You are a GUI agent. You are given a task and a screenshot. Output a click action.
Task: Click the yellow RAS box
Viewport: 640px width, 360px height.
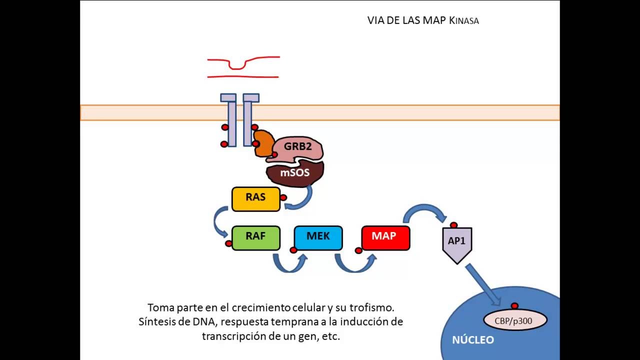point(255,198)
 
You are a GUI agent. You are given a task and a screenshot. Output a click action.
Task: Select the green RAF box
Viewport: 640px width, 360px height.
point(255,238)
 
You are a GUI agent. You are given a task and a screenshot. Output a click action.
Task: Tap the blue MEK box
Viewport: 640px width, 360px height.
point(318,238)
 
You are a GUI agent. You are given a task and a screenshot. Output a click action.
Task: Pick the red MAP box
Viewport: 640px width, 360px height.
point(385,238)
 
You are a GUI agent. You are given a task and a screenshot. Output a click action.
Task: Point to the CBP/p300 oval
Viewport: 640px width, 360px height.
point(515,320)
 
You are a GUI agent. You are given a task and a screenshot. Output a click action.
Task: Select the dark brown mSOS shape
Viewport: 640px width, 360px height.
point(295,173)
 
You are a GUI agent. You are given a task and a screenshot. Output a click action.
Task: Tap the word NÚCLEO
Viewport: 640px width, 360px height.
point(473,340)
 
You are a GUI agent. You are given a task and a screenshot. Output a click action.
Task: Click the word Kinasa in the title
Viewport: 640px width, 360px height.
point(464,21)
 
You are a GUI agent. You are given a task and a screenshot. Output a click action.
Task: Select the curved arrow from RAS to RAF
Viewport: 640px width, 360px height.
point(218,220)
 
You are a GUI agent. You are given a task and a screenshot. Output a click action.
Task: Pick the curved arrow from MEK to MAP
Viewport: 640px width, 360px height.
point(354,265)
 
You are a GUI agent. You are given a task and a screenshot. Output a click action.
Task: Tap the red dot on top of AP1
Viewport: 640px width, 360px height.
point(453,225)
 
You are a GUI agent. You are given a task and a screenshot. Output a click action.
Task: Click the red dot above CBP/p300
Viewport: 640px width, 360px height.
point(514,306)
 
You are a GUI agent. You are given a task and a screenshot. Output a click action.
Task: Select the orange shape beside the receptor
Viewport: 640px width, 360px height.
point(262,143)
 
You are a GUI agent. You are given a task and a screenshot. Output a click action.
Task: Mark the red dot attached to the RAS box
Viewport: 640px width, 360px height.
point(283,197)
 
